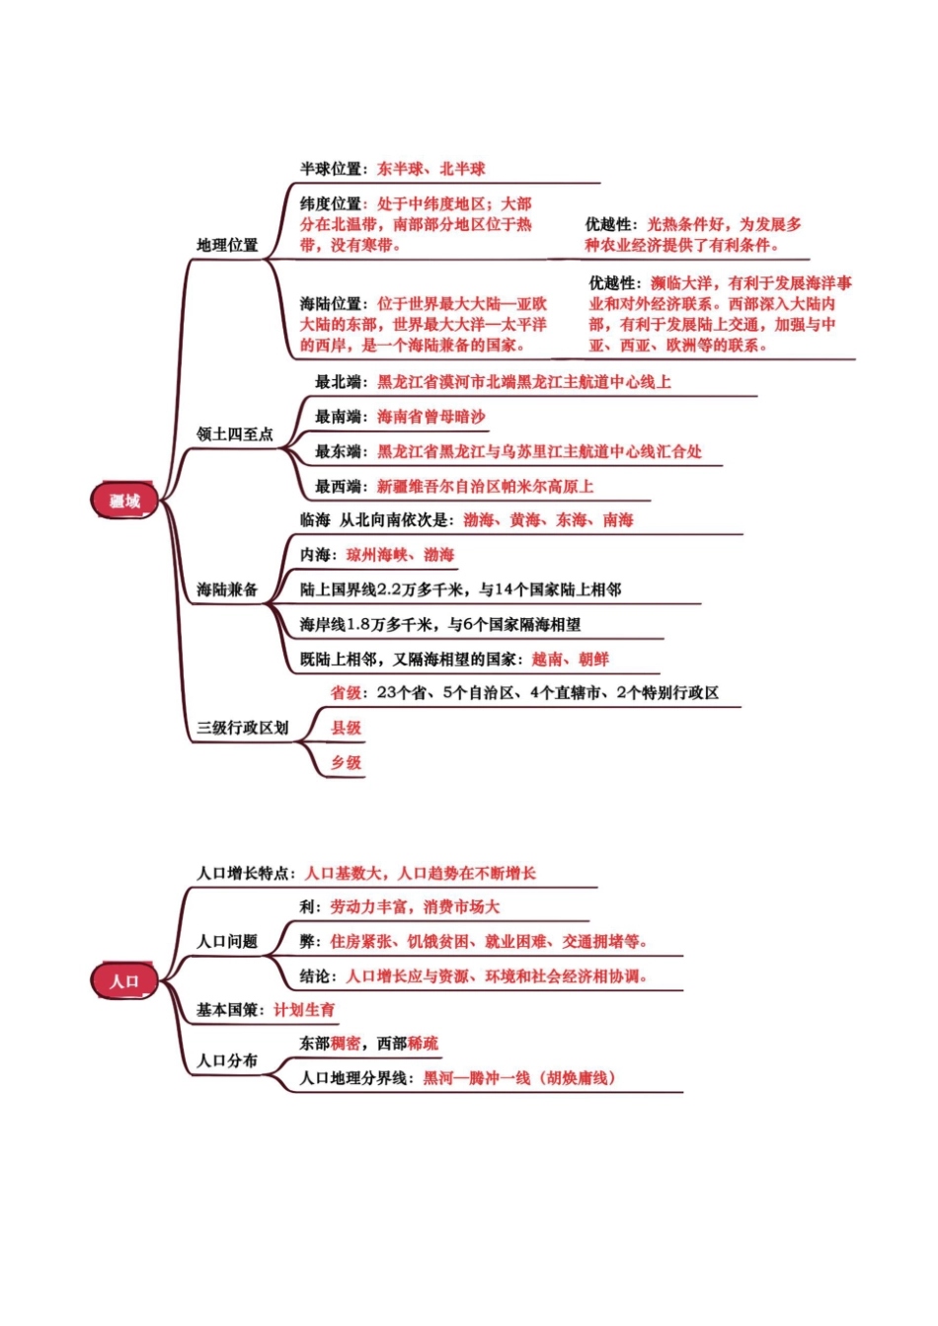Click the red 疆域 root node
pyautogui.click(x=124, y=501)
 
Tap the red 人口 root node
pyautogui.click(x=124, y=980)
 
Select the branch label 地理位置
pyautogui.click(x=227, y=245)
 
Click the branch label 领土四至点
pyautogui.click(x=235, y=433)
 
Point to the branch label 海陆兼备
pyautogui.click(x=227, y=589)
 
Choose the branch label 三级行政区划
pyautogui.click(x=243, y=728)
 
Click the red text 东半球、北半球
pyautogui.click(x=431, y=169)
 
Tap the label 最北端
pyautogui.click(x=338, y=382)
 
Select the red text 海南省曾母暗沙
pyautogui.click(x=431, y=416)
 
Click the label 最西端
pyautogui.click(x=338, y=487)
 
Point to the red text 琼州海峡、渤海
pyautogui.click(x=400, y=555)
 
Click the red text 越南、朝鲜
pyautogui.click(x=571, y=659)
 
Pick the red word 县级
pyautogui.click(x=346, y=728)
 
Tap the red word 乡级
pyautogui.click(x=346, y=762)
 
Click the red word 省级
pyautogui.click(x=346, y=692)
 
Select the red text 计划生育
pyautogui.click(x=304, y=1010)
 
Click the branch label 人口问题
pyautogui.click(x=227, y=941)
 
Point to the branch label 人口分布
pyautogui.click(x=227, y=1060)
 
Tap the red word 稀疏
pyautogui.click(x=424, y=1043)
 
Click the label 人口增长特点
pyautogui.click(x=243, y=873)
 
